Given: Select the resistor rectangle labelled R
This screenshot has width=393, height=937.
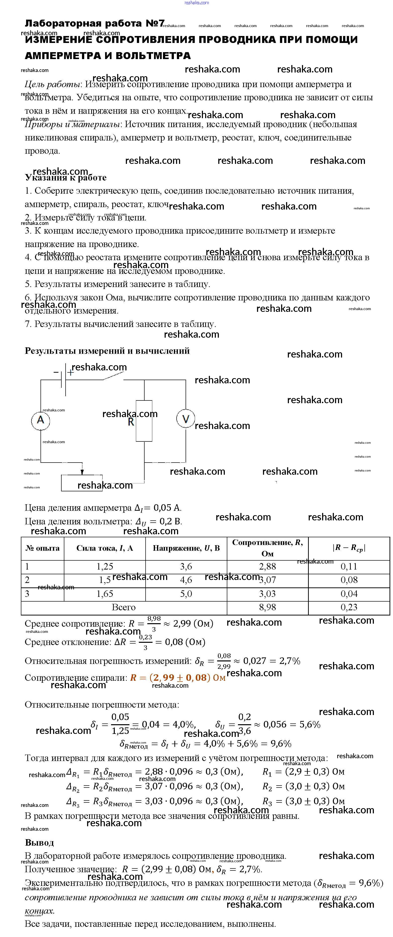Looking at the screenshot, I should tap(144, 421).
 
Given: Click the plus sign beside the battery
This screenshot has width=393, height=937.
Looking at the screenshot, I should tap(71, 372).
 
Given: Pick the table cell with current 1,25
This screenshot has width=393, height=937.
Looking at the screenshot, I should tap(105, 566).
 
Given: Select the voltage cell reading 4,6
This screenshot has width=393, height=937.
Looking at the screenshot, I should tap(186, 580).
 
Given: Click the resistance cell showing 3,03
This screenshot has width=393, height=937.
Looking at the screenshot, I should tap(268, 594).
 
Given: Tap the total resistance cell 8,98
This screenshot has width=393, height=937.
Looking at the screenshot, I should tap(268, 607).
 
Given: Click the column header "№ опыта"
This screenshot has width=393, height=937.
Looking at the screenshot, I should tap(42, 548).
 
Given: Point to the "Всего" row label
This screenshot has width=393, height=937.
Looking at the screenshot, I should tap(124, 607).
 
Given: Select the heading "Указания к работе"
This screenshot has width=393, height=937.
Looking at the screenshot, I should tap(66, 178).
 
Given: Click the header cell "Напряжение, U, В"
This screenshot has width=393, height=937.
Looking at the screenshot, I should tap(186, 548).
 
